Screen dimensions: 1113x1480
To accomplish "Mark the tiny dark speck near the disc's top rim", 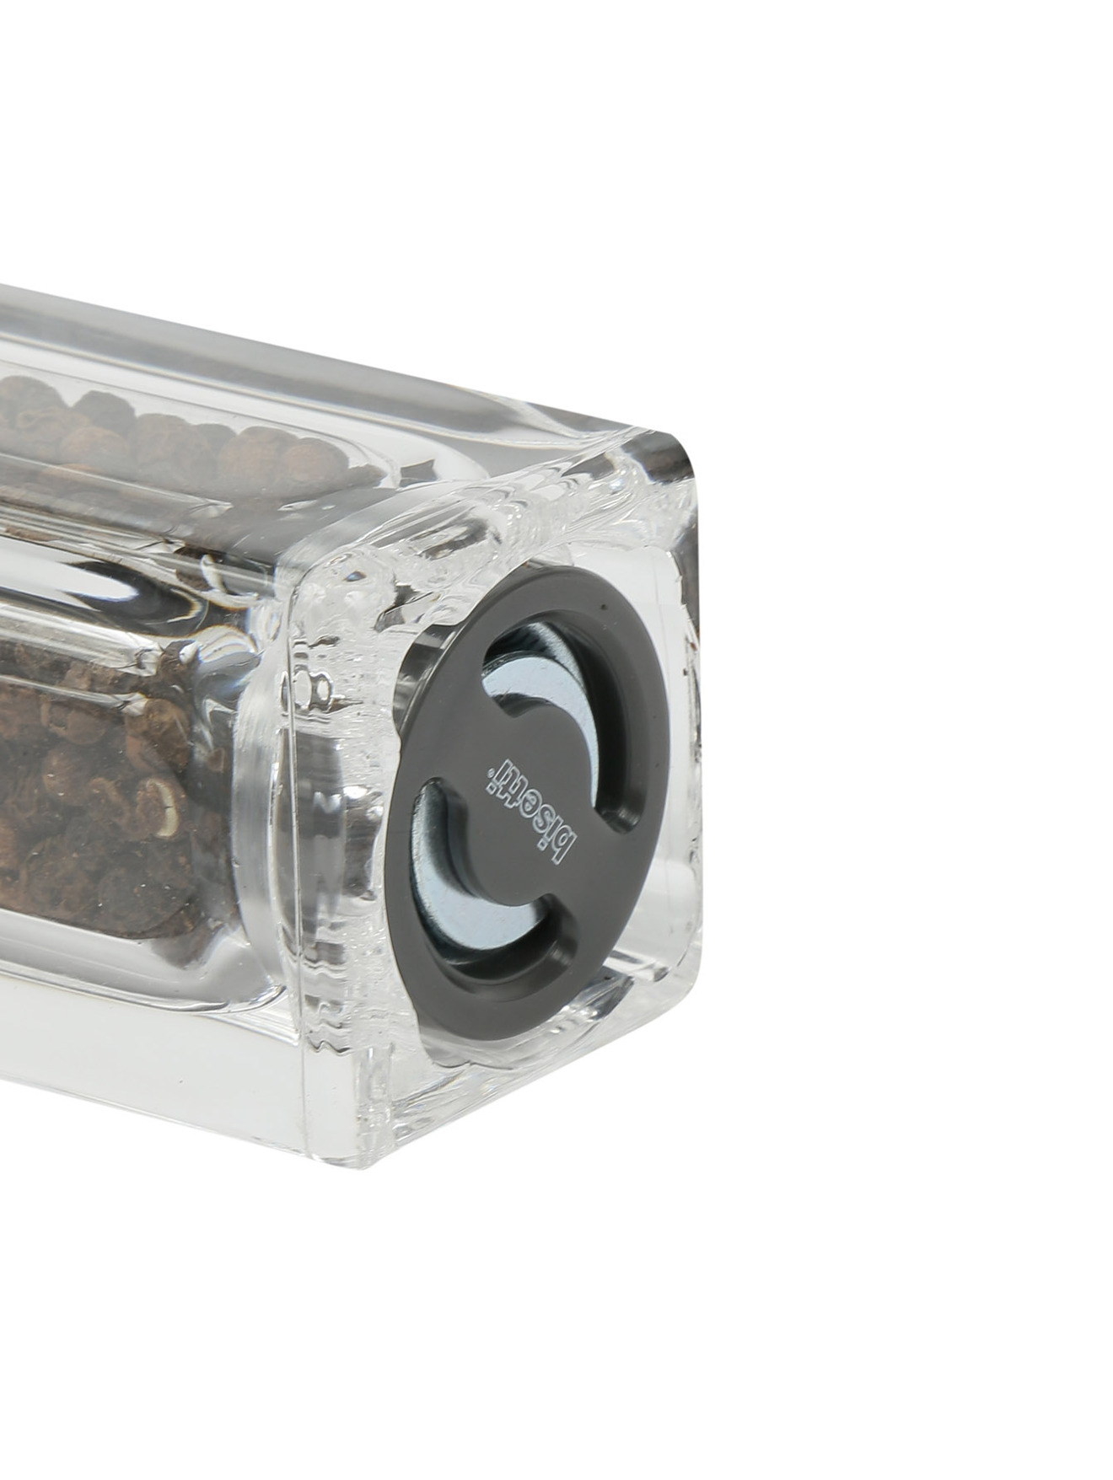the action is click(604, 606).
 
